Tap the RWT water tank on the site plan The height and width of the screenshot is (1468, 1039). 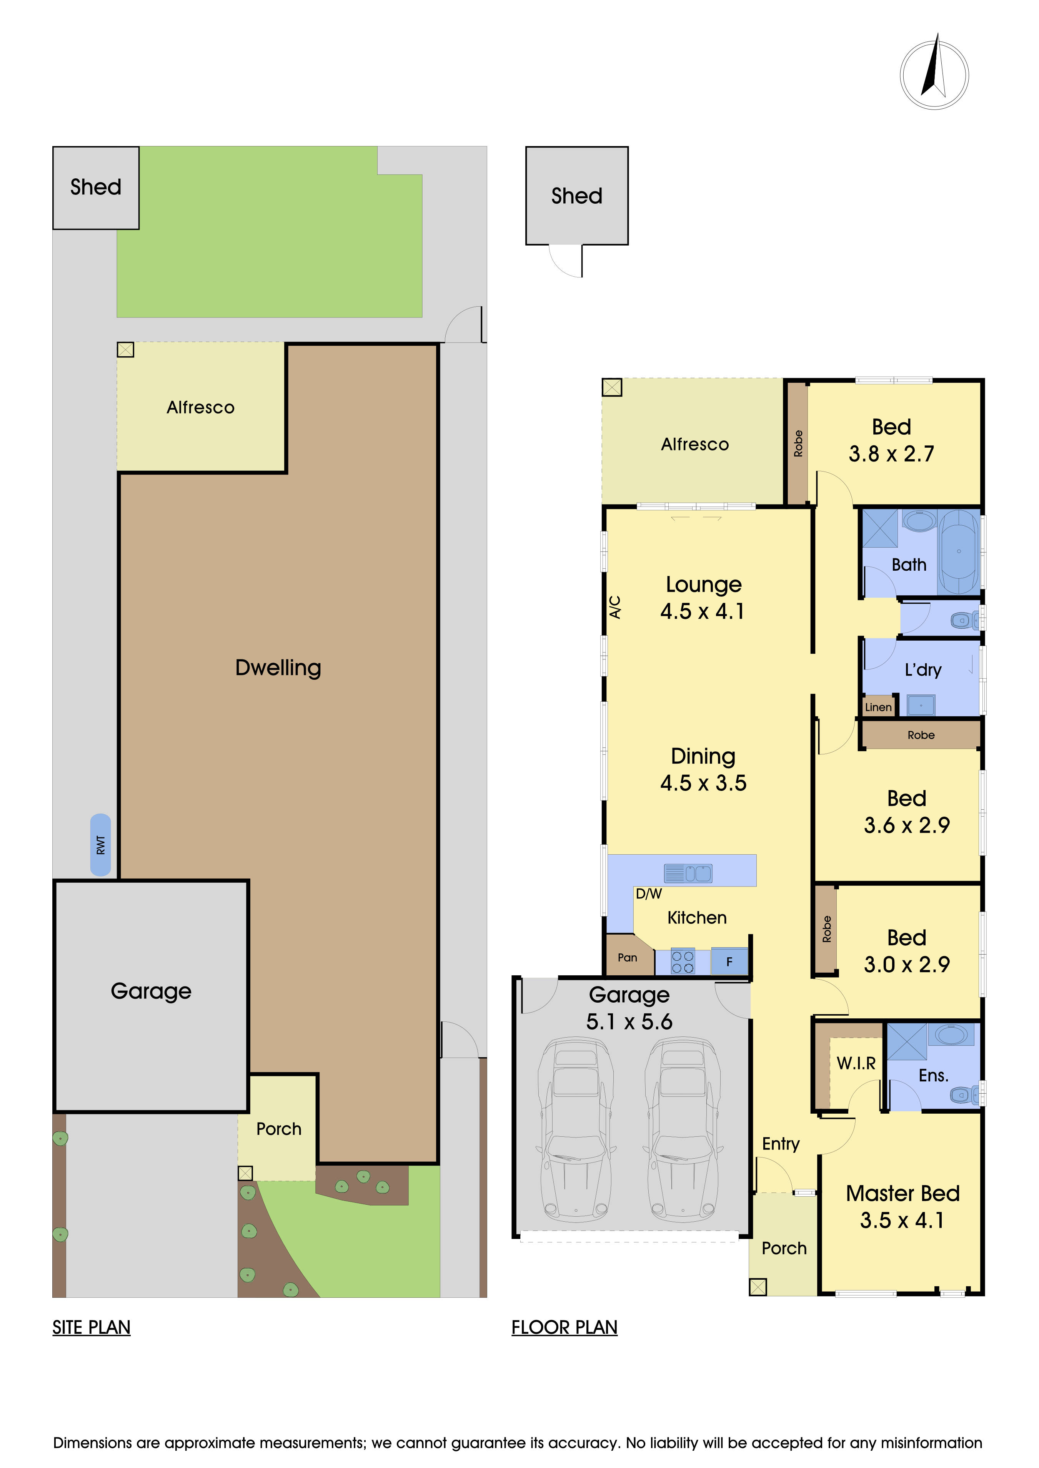tap(100, 845)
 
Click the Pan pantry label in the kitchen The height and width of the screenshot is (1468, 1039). tap(627, 957)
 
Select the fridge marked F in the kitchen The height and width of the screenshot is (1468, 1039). tap(729, 961)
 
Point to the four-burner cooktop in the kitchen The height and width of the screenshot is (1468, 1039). tap(683, 962)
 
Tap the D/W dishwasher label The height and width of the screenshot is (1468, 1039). tap(648, 894)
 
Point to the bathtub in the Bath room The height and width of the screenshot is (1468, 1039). tap(958, 551)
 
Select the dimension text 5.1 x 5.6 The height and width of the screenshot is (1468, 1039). tap(629, 1021)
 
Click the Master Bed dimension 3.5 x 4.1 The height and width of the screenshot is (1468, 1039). tap(902, 1220)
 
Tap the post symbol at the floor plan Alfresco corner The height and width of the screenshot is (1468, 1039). tap(612, 387)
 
